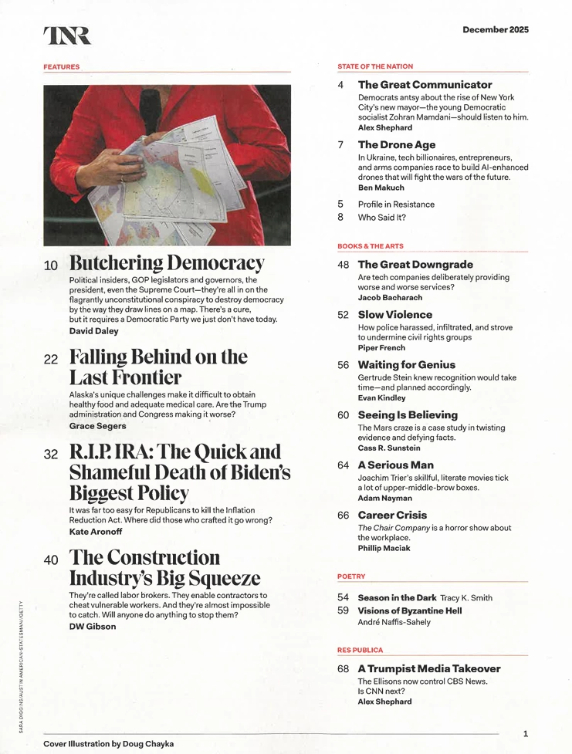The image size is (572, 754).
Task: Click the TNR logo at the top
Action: tap(67, 35)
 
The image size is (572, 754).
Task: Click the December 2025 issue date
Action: tap(496, 29)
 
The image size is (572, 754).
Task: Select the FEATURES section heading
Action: tap(62, 67)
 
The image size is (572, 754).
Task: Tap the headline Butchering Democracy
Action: tap(167, 263)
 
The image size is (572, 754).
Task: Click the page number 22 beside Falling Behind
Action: tap(51, 360)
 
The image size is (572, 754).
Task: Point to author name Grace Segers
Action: tap(95, 425)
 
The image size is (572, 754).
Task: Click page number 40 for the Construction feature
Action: tap(51, 560)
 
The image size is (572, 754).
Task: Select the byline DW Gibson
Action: tap(93, 626)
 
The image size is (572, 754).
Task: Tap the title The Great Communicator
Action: tap(425, 85)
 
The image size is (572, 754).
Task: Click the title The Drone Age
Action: tap(397, 144)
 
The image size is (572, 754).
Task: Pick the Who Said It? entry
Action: tap(382, 217)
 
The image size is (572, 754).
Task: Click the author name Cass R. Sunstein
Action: tap(389, 448)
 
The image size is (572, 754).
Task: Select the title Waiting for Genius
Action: tap(407, 364)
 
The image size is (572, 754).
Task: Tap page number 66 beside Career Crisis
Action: tap(344, 516)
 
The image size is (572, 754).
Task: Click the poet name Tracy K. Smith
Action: tap(466, 598)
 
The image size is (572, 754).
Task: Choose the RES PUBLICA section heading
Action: tap(360, 650)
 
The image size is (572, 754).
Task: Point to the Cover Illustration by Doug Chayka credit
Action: tap(108, 743)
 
